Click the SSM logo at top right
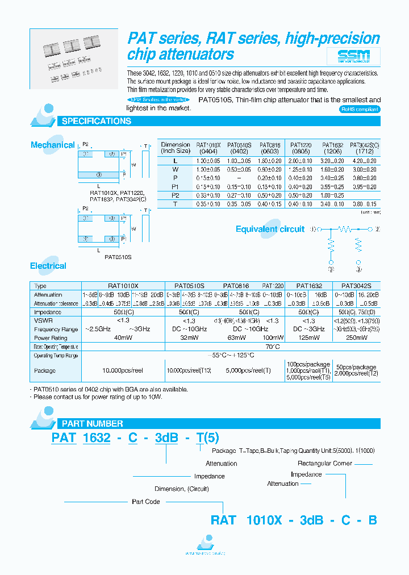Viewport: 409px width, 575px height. tap(353, 56)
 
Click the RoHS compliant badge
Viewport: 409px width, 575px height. tap(360, 109)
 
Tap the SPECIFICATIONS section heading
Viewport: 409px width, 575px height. tap(96, 121)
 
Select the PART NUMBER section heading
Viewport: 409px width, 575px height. tap(92, 423)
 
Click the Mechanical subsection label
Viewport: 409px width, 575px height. tap(52, 145)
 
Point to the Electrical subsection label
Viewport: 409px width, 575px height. tap(48, 266)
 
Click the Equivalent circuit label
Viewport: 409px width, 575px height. tap(270, 229)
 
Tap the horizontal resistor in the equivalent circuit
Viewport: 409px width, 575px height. tap(344, 229)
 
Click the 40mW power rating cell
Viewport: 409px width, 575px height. tap(123, 337)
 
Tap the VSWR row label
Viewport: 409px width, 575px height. tap(42, 321)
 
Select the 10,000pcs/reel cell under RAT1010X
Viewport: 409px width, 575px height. tap(123, 370)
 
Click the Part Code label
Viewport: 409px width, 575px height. tap(146, 502)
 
